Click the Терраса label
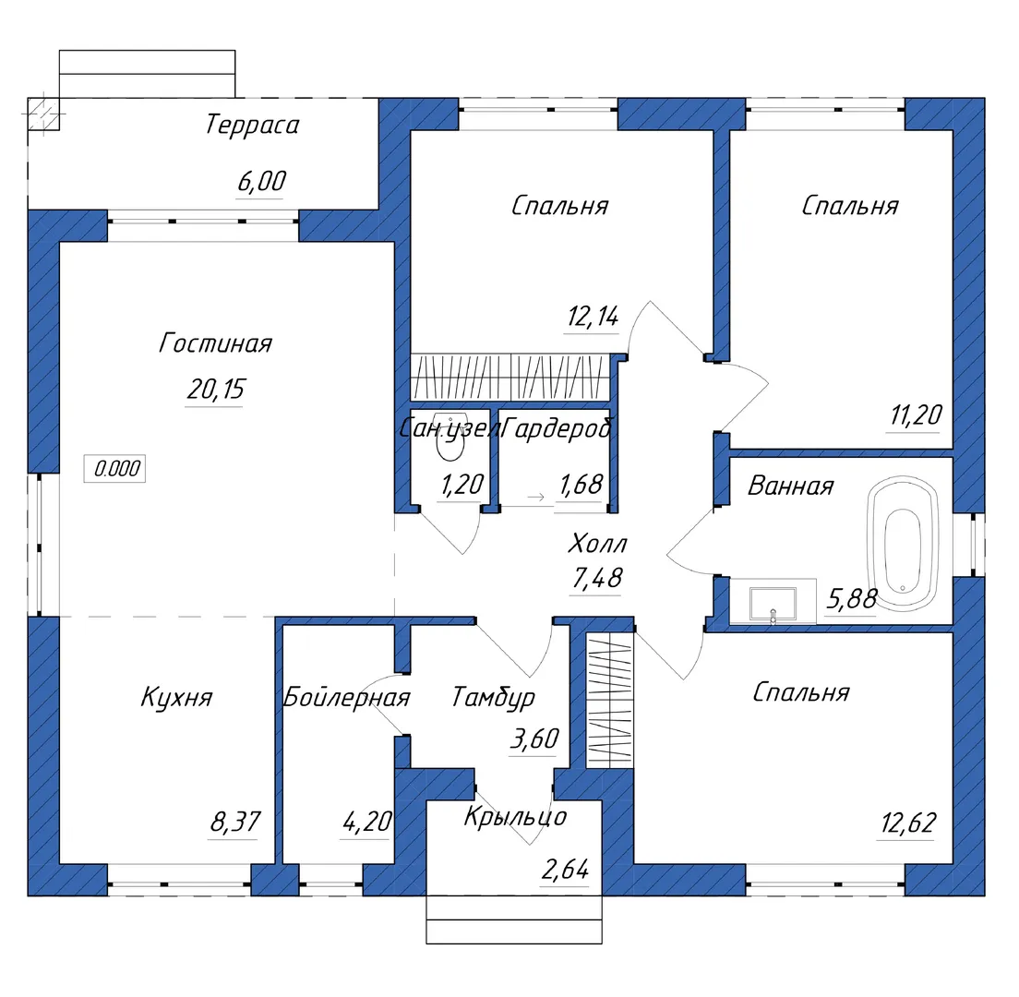[252, 126]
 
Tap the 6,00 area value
[261, 182]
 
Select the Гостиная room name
[215, 344]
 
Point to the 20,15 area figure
[215, 390]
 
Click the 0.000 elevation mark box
[117, 469]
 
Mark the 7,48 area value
[597, 579]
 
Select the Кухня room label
[176, 697]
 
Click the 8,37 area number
[235, 821]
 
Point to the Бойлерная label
[346, 697]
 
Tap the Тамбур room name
[493, 698]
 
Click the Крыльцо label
[515, 816]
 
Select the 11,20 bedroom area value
[916, 415]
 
